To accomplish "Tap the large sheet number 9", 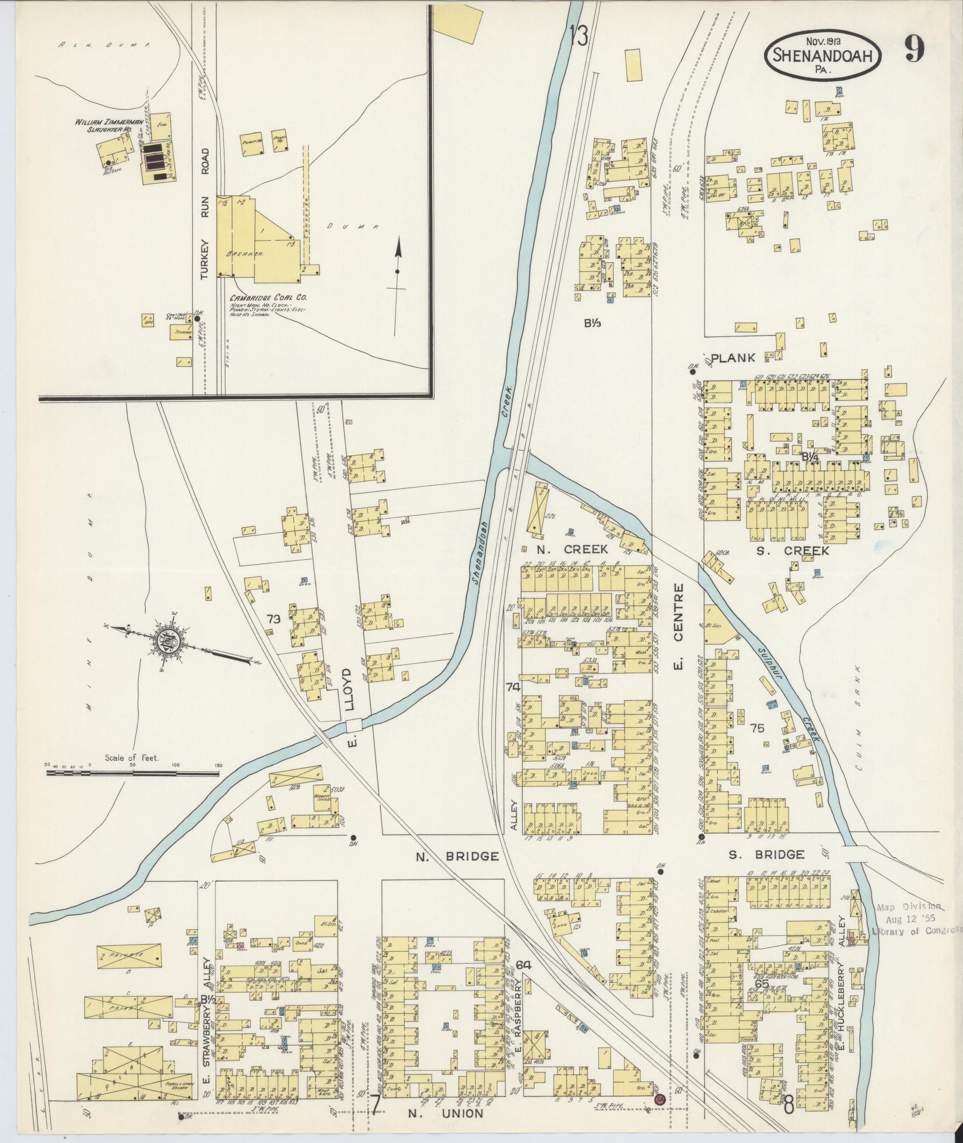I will point(915,48).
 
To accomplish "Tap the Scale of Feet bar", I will point(133,773).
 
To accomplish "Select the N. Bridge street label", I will point(457,857).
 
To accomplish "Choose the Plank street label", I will point(733,358).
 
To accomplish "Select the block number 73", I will point(273,620).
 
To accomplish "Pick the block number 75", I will point(757,728).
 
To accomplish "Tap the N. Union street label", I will point(446,1113).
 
